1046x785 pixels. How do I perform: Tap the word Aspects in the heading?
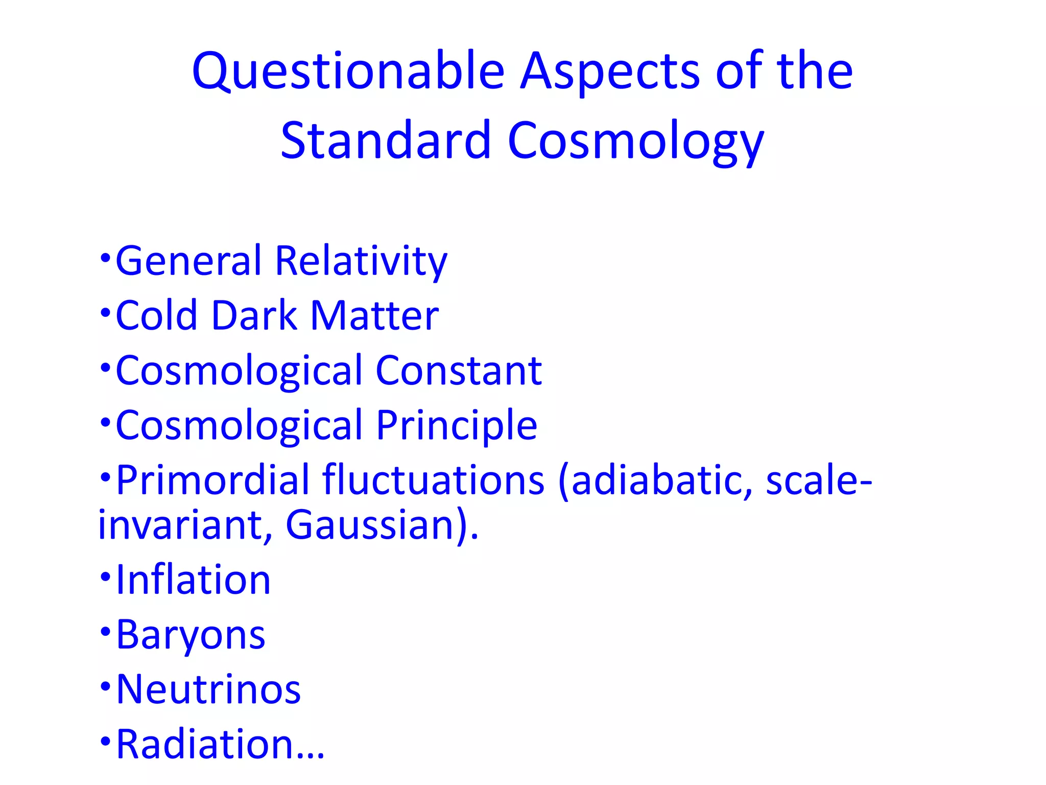click(x=610, y=72)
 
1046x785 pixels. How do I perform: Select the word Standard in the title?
click(x=386, y=141)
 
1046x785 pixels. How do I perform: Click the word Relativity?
click(x=361, y=261)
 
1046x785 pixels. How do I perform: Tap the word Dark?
click(x=254, y=316)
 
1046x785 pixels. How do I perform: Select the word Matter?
click(x=374, y=316)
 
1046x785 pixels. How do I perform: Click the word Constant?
click(x=458, y=371)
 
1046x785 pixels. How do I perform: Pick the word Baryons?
click(x=191, y=635)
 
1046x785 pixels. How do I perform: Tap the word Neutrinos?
click(x=208, y=690)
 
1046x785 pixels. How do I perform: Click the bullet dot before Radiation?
click(x=105, y=740)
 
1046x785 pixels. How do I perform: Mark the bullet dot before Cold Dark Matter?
click(x=105, y=311)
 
